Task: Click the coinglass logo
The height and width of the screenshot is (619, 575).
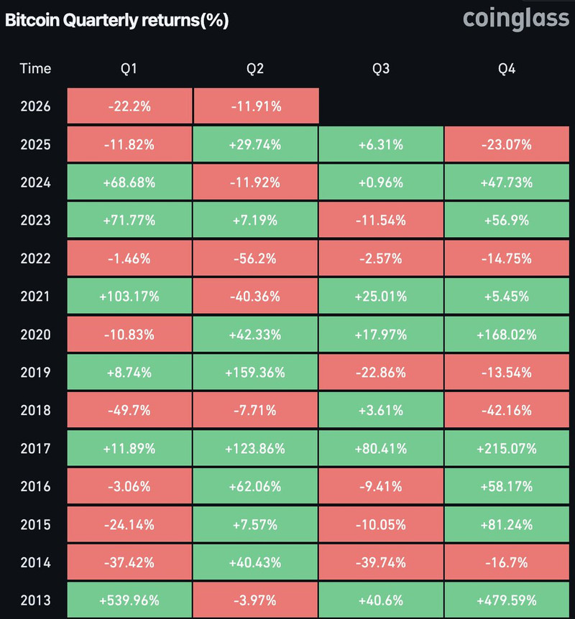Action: click(516, 19)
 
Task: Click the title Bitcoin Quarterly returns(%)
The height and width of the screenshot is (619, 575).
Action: click(117, 20)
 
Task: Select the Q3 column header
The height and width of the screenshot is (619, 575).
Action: click(380, 69)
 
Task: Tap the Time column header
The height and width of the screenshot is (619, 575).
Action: click(35, 69)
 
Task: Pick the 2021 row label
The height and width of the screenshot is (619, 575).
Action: click(35, 297)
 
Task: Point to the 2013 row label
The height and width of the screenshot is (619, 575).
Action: click(35, 600)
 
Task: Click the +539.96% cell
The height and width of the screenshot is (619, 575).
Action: click(129, 600)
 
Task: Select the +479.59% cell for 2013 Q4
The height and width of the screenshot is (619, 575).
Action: click(507, 600)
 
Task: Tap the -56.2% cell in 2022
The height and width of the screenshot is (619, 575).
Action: click(255, 259)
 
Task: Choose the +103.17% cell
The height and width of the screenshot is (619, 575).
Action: click(129, 296)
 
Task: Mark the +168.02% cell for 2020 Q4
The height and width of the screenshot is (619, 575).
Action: click(507, 335)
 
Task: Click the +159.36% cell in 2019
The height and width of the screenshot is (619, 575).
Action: click(255, 372)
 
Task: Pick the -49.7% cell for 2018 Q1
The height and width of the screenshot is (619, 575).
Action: click(129, 410)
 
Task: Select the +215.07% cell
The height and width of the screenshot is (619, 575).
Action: click(507, 449)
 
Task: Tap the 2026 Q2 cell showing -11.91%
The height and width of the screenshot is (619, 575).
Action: click(256, 106)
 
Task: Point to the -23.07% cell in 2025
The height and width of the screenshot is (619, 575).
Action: click(507, 144)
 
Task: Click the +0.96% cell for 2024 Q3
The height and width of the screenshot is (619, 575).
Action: click(380, 182)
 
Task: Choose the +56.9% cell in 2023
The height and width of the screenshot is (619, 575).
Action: click(507, 220)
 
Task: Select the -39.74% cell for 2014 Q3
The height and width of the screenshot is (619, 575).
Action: click(380, 562)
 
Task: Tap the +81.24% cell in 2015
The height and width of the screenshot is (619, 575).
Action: click(507, 524)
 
